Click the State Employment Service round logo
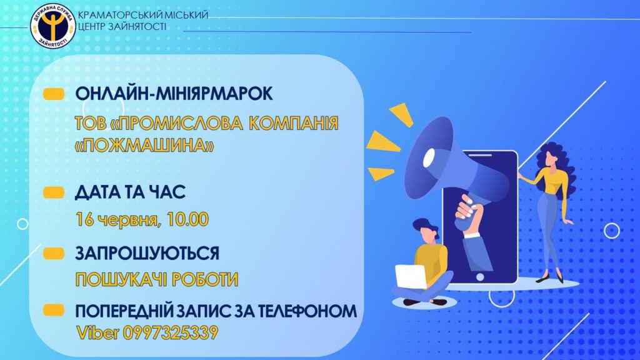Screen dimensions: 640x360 (53, 27)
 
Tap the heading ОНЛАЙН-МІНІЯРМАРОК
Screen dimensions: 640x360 (174, 94)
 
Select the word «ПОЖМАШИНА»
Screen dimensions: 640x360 (144, 144)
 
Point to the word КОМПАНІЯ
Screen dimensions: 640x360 (294, 123)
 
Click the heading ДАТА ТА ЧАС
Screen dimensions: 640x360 (130, 192)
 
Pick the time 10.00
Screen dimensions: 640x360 (187, 219)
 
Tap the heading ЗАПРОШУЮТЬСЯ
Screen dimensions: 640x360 (147, 254)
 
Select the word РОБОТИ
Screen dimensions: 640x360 (205, 280)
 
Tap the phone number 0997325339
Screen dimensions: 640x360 (170, 333)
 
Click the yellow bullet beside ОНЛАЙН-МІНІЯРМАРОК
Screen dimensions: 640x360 (54, 94)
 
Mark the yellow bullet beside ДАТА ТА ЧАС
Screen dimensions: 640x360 (54, 192)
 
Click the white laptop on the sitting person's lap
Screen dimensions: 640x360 (411, 276)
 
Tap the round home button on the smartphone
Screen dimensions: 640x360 (480, 277)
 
